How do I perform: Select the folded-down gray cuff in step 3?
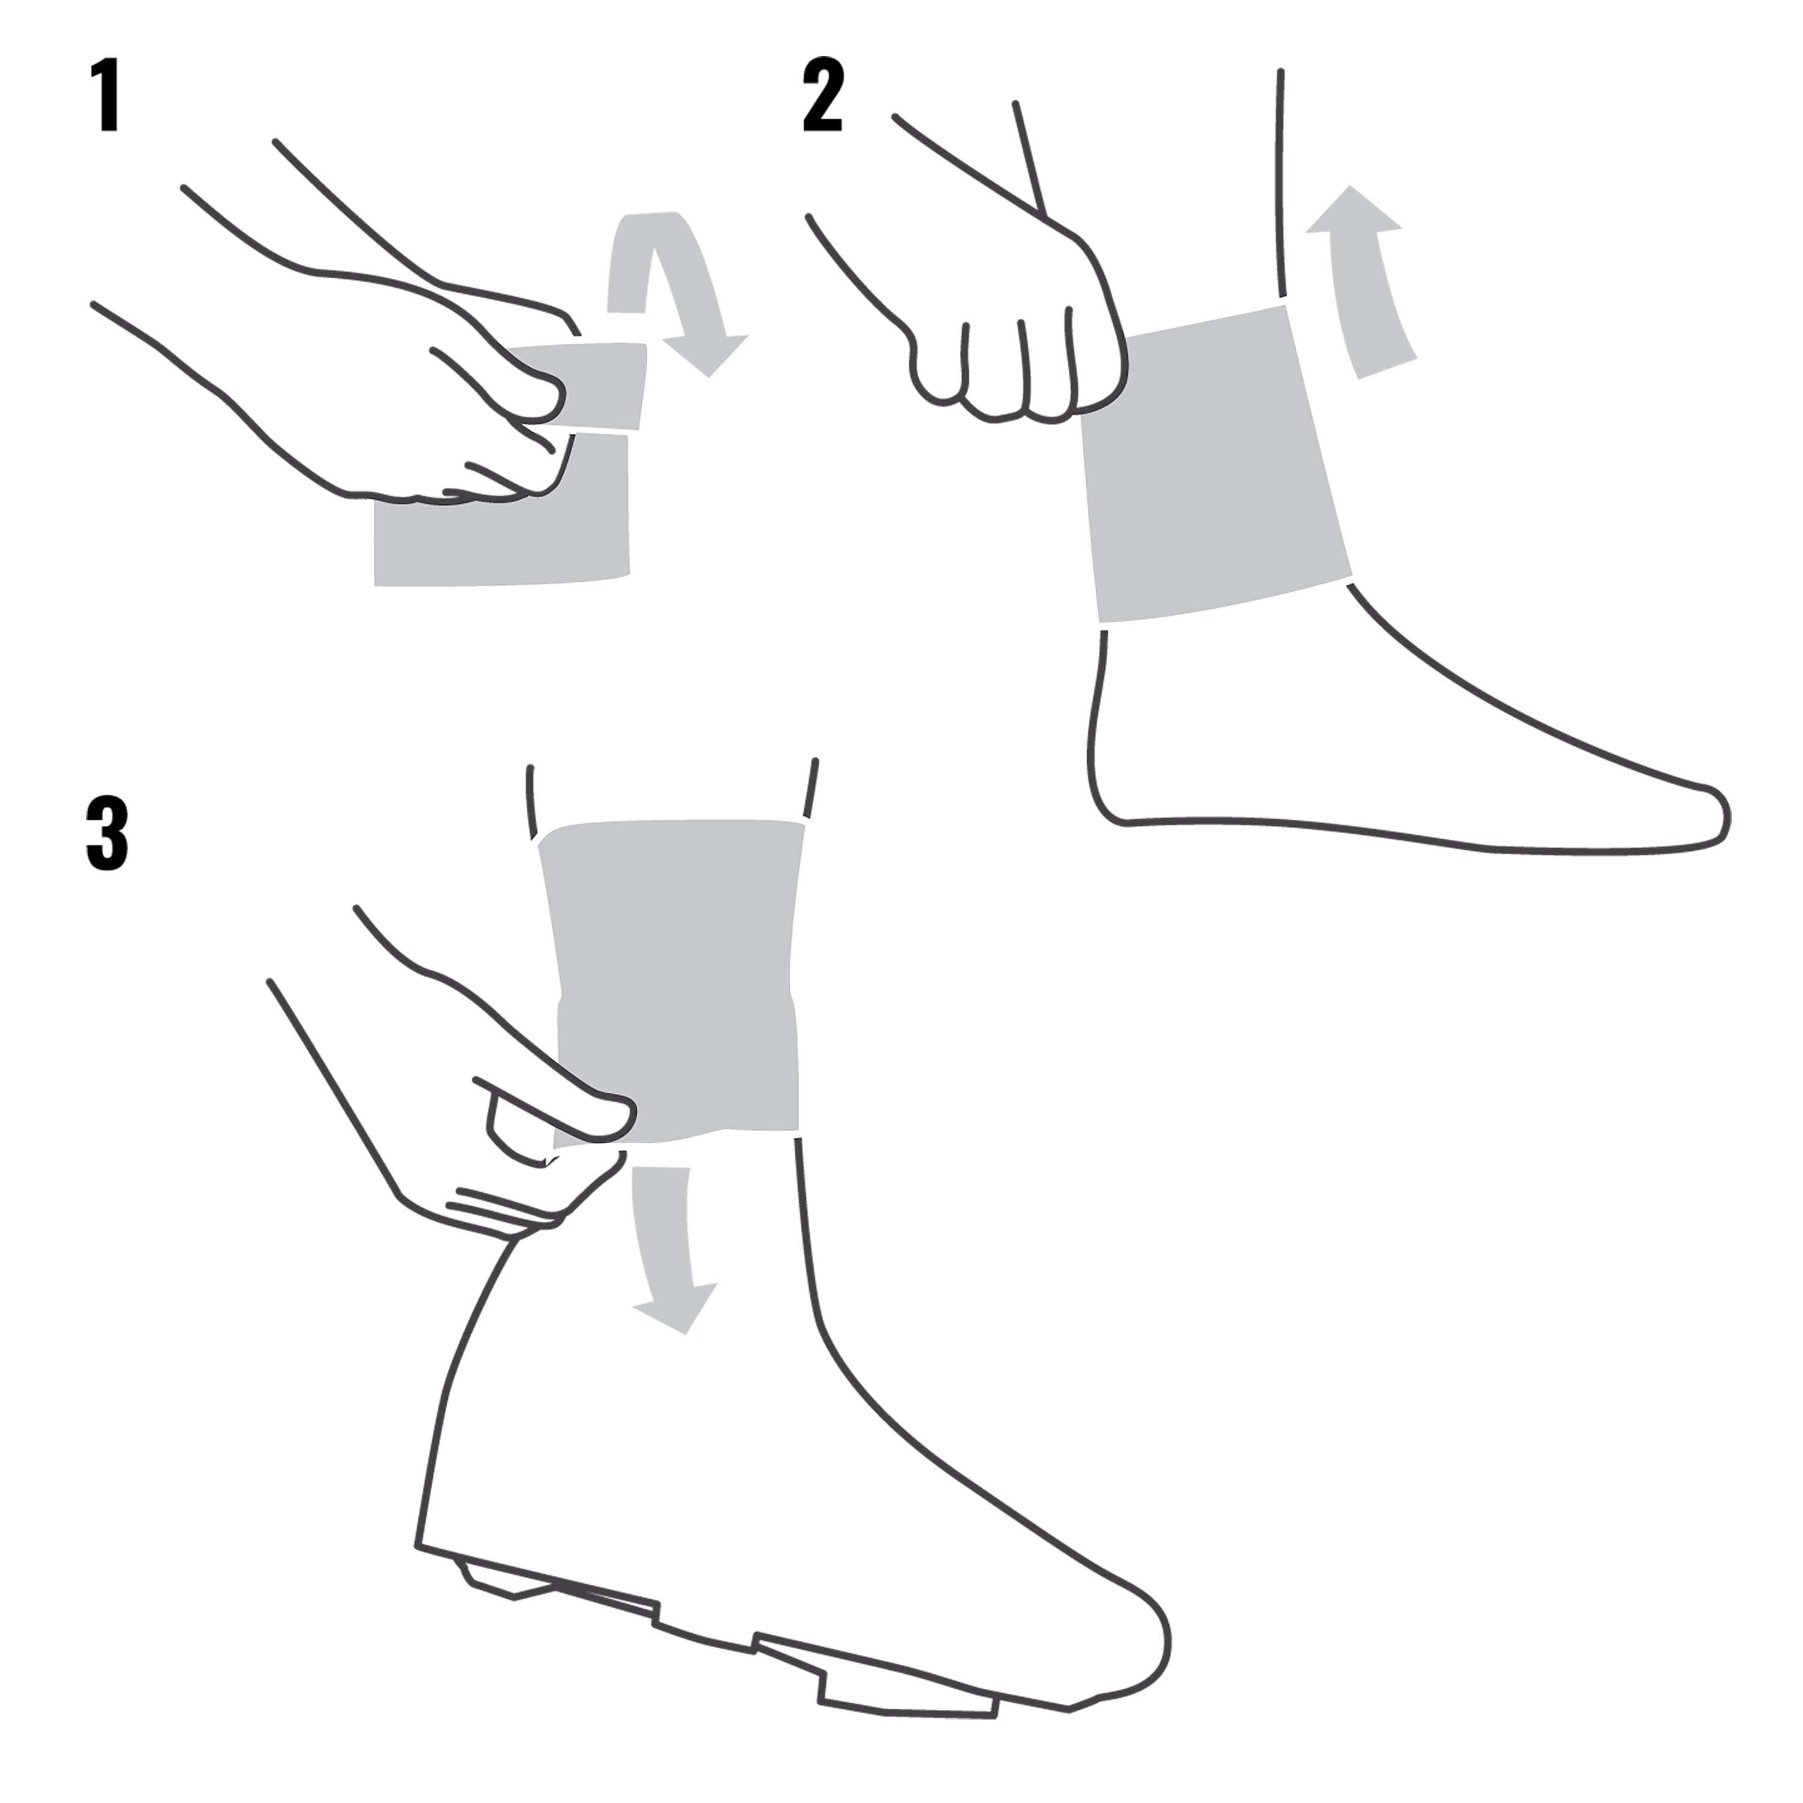click(691, 1073)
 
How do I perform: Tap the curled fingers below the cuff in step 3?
click(504, 1204)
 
